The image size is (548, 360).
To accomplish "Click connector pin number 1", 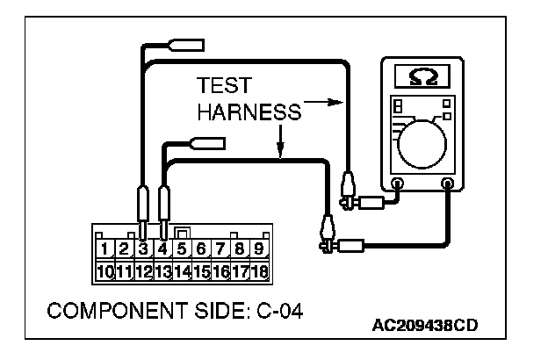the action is coord(106,248).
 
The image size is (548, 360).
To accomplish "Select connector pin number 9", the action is coord(259,248).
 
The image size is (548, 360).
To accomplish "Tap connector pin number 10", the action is coord(105,270).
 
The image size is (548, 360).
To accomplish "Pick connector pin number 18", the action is coord(259,270).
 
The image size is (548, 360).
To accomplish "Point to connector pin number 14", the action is coord(183,270).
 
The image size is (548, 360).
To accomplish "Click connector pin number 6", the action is coord(201,248).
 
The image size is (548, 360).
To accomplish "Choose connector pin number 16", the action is coord(220,270).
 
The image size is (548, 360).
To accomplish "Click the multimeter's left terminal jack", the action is coord(398,184).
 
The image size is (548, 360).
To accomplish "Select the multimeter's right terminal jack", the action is coord(449,184).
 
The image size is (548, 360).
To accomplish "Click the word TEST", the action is coord(226,86).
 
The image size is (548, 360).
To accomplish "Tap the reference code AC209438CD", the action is coord(424,327).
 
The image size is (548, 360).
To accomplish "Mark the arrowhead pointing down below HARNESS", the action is coord(278,155).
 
